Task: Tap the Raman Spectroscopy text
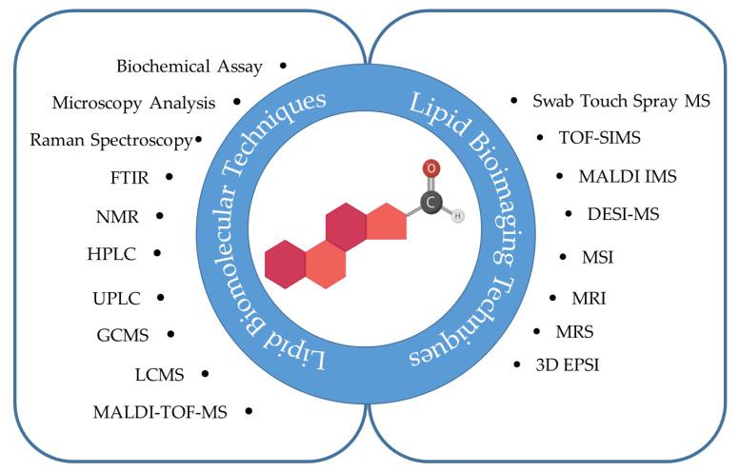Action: [110, 140]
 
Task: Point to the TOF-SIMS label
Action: [600, 138]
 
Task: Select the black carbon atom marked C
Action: [430, 203]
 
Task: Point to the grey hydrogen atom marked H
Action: [457, 215]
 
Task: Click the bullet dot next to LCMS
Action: [207, 375]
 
